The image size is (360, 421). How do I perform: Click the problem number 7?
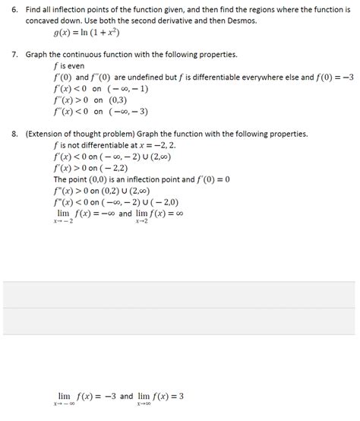click(x=14, y=55)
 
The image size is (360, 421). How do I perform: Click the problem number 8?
click(x=14, y=134)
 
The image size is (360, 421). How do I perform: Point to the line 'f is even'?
click(x=69, y=66)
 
